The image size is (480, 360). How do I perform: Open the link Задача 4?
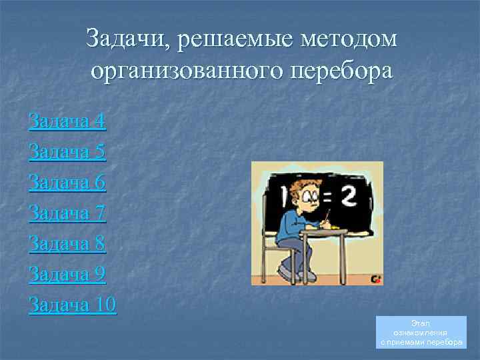pyautogui.click(x=67, y=121)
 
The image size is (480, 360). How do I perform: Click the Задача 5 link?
pyautogui.click(x=67, y=152)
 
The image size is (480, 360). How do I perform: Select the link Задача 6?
pyautogui.click(x=67, y=183)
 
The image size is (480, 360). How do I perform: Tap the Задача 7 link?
pyautogui.click(x=67, y=213)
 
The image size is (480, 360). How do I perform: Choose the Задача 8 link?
pyautogui.click(x=67, y=244)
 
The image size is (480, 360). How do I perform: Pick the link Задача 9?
pyautogui.click(x=67, y=275)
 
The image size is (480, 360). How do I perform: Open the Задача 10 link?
pyautogui.click(x=73, y=305)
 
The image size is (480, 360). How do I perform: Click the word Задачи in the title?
pyautogui.click(x=127, y=39)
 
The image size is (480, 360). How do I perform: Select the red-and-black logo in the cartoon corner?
pyautogui.click(x=376, y=279)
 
